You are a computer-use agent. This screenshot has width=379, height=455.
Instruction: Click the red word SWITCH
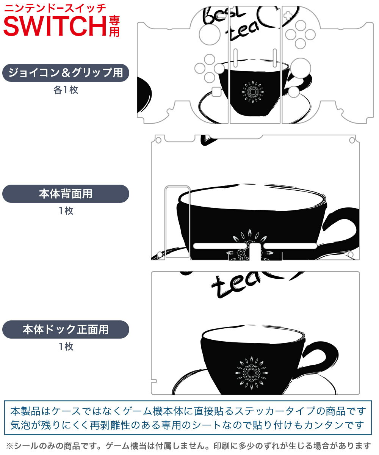pyautogui.click(x=55, y=26)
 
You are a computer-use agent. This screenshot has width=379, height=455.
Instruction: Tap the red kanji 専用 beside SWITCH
pyautogui.click(x=114, y=26)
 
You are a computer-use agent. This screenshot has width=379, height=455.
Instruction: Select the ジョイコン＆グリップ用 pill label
pyautogui.click(x=66, y=73)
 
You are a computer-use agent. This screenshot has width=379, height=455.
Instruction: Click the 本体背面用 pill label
pyautogui.click(x=66, y=194)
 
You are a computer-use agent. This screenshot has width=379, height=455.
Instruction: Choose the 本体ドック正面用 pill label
pyautogui.click(x=66, y=329)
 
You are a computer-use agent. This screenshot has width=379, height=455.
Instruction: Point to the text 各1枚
pyautogui.click(x=66, y=90)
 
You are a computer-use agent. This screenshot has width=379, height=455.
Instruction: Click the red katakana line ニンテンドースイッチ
pyautogui.click(x=55, y=8)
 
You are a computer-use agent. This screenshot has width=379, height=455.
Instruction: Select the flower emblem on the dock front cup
pyautogui.click(x=252, y=373)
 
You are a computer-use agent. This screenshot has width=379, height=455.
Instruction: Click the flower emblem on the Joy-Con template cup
pyautogui.click(x=253, y=92)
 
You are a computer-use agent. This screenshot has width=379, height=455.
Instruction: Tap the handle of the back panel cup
pyautogui.click(x=342, y=231)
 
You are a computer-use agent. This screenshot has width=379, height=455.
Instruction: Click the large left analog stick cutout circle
pyautogui.click(x=210, y=35)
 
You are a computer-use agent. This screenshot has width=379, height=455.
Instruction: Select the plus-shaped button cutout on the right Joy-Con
pyautogui.click(x=288, y=16)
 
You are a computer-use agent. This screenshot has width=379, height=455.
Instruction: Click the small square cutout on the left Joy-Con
pyautogui.click(x=216, y=91)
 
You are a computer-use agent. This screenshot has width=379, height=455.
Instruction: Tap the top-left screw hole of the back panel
pyautogui.click(x=158, y=140)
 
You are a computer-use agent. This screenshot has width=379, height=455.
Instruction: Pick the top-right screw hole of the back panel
pyautogui.click(x=352, y=140)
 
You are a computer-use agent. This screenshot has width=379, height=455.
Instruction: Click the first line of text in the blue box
pyautogui.click(x=188, y=411)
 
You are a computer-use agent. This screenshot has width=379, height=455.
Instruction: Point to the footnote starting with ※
pyautogui.click(x=189, y=446)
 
